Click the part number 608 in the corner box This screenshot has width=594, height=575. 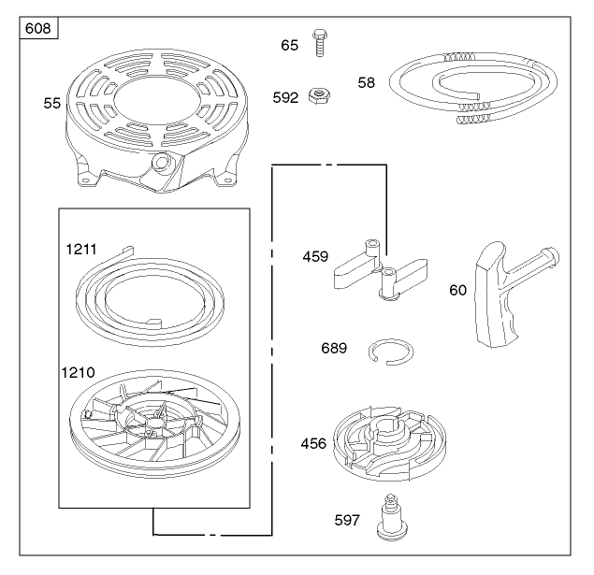[37, 28]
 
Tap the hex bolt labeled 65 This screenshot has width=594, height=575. [320, 43]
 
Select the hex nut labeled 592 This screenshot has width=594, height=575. [319, 95]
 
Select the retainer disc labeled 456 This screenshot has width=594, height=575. [389, 443]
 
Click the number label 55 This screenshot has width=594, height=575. [51, 104]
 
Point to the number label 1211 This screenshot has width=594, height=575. [81, 249]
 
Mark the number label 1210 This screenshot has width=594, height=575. [78, 372]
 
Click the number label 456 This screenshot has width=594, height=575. [313, 443]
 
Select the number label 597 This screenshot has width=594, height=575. [347, 520]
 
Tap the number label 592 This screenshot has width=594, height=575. [285, 97]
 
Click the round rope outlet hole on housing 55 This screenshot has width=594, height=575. [160, 163]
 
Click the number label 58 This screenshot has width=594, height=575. [367, 82]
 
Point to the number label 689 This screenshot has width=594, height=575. [334, 348]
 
